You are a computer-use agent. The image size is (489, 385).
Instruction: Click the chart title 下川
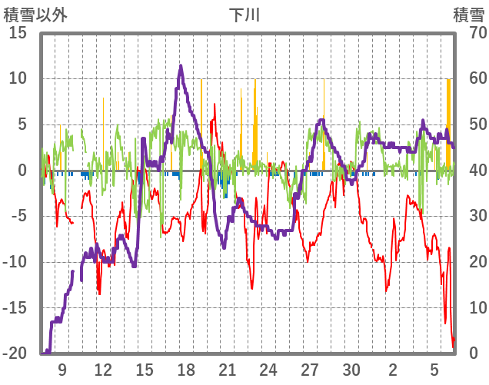coord(245,15)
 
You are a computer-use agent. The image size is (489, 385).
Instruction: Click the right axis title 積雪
coord(467,15)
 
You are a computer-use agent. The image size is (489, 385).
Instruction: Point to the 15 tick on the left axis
coord(18,33)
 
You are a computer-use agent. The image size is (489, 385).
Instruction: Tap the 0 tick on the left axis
coord(22,171)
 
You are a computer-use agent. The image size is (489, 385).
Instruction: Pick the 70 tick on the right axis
coord(469,33)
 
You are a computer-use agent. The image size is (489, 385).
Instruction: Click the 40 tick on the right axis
coord(469,171)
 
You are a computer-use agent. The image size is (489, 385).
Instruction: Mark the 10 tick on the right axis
coord(469,308)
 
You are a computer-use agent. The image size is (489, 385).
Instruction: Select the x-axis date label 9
coord(62,369)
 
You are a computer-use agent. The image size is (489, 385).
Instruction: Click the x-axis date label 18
coord(185,369)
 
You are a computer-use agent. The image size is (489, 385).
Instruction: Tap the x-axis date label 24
coord(268,369)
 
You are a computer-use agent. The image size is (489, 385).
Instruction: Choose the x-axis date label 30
coord(351,369)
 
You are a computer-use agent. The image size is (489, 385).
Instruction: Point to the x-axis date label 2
coord(393,369)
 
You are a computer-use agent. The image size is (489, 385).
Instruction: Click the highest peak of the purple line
coord(181,66)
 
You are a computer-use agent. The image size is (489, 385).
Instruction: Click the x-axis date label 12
coord(103,369)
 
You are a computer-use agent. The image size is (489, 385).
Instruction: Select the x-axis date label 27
coord(310,369)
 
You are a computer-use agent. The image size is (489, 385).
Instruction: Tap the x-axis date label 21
coord(227,369)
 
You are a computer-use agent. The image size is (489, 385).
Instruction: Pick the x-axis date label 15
coord(145,369)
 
